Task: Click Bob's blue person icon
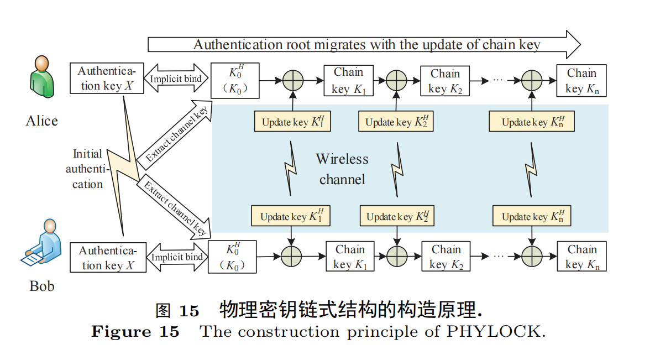click(x=41, y=243)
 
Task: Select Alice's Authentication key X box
click(x=107, y=78)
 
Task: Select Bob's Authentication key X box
click(x=108, y=258)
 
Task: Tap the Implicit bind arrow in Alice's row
click(x=176, y=78)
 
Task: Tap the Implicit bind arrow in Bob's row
click(x=177, y=257)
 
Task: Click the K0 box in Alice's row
click(x=235, y=81)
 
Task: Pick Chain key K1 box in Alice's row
click(x=349, y=81)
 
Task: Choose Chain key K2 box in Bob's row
click(x=446, y=256)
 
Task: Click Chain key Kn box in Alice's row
click(x=581, y=81)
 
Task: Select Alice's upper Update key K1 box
click(x=292, y=122)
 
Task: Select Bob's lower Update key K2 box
click(x=397, y=216)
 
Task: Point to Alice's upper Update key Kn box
click(x=532, y=122)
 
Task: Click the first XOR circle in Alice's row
click(x=293, y=80)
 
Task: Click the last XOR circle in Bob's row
click(x=532, y=256)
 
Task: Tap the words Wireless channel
click(x=342, y=169)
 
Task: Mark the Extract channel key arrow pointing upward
click(x=175, y=133)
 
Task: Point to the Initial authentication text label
click(x=87, y=169)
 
